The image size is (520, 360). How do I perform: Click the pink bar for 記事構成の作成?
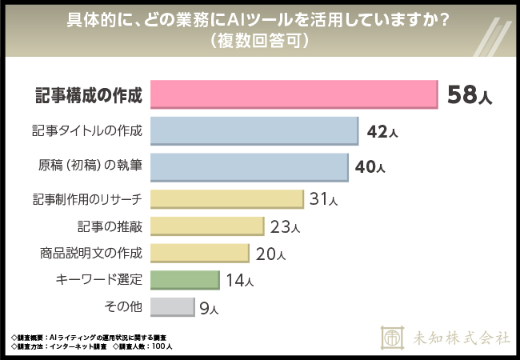click(x=294, y=95)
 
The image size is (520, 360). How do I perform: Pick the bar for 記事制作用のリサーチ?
click(x=227, y=199)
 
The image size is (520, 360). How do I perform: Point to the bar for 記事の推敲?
click(x=207, y=227)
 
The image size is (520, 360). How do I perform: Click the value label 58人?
click(x=470, y=96)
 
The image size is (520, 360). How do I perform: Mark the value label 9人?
click(x=208, y=308)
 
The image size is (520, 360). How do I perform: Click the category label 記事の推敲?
click(x=110, y=227)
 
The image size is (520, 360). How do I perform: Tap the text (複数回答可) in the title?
click(x=259, y=40)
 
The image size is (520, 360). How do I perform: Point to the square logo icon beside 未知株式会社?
click(x=393, y=337)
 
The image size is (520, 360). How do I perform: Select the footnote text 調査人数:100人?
click(x=147, y=346)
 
